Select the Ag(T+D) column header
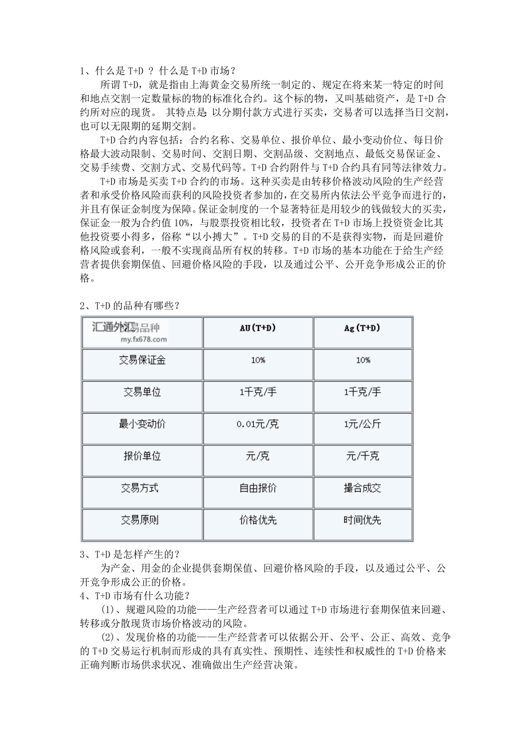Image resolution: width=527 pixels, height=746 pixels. click(x=363, y=328)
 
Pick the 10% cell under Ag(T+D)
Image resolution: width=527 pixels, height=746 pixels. click(x=363, y=360)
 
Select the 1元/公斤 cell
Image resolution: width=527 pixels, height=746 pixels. click(x=363, y=425)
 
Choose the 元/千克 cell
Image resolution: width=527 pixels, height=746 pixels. click(x=363, y=457)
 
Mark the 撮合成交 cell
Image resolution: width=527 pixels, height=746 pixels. click(x=363, y=489)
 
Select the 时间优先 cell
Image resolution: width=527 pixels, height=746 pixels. click(x=363, y=521)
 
